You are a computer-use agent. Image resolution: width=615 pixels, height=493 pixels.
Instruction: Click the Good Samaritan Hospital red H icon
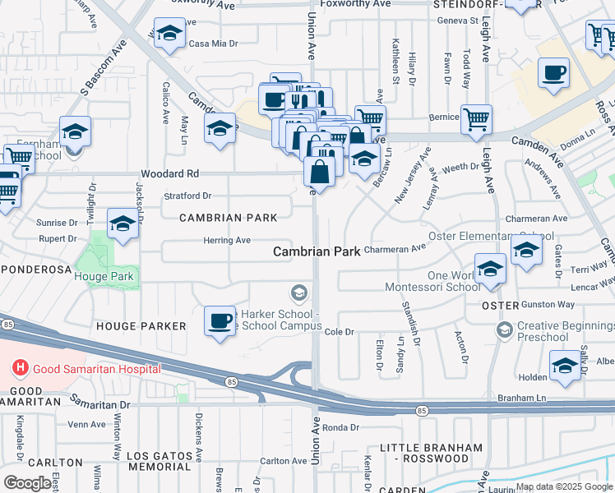coord(16,369)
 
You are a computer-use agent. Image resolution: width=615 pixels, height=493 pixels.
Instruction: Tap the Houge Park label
coord(104,277)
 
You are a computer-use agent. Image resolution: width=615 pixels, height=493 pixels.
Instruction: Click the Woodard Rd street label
coord(170,174)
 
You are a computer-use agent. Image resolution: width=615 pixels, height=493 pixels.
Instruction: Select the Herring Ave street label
coord(227,240)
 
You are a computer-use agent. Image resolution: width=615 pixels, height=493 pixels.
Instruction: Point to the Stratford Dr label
coord(187,196)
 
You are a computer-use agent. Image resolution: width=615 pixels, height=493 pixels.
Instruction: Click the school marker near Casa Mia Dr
coord(169,35)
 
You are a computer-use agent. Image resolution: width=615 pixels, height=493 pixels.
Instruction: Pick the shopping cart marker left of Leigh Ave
coord(476,118)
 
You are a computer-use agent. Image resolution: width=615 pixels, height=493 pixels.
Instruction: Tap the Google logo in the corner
coord(27,483)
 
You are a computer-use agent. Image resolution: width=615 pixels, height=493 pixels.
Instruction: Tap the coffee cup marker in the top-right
coord(553,72)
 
